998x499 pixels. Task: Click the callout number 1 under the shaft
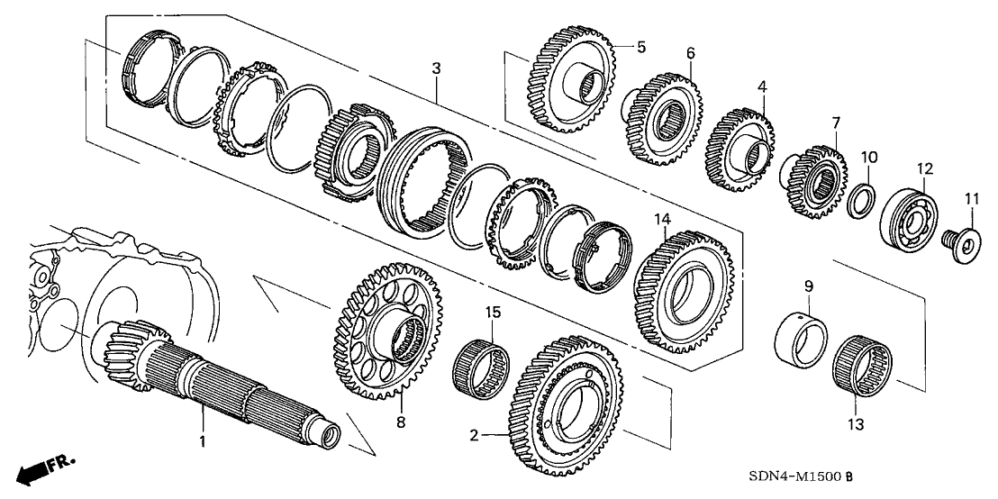[203, 441]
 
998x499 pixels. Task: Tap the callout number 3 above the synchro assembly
[435, 68]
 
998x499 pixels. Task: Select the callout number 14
[663, 219]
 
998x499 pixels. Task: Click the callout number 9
[808, 286]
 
